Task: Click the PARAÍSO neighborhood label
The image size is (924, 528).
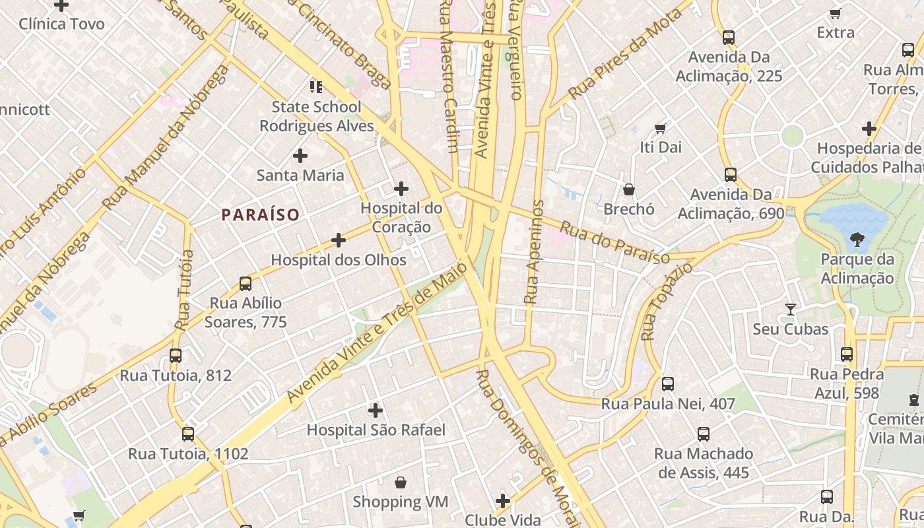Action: [x=260, y=214]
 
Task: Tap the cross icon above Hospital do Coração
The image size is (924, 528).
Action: [x=401, y=189]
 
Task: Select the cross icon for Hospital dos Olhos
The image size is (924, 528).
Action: [x=339, y=240]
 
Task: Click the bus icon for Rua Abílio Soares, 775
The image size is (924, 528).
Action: [x=246, y=284]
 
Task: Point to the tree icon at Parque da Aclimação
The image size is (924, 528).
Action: [x=857, y=240]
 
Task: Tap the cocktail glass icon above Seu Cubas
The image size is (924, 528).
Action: [x=790, y=309]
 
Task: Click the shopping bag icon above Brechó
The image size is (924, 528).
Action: [x=629, y=189]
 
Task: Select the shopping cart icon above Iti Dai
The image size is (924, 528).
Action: [x=660, y=128]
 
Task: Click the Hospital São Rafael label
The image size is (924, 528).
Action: [x=376, y=430]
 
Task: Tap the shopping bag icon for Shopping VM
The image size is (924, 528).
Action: [x=400, y=482]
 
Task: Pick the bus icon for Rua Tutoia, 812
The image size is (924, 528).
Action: [x=176, y=356]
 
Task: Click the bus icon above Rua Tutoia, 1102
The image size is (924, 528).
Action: [x=188, y=434]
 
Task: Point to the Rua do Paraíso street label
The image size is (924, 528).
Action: [x=614, y=242]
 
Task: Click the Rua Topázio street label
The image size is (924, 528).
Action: [x=666, y=301]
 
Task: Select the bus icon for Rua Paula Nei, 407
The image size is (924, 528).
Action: [x=668, y=384]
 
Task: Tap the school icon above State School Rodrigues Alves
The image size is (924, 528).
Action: [x=316, y=86]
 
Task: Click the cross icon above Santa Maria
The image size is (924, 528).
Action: [x=300, y=156]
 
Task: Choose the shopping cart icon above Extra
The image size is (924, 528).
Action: [x=835, y=13]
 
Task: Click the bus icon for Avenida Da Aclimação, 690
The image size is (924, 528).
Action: [x=731, y=175]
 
